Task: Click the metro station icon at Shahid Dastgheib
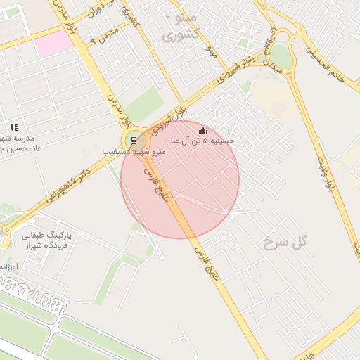[132, 139]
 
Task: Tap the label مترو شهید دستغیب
[134, 152]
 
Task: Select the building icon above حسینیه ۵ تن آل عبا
[203, 130]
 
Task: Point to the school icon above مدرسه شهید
[14, 127]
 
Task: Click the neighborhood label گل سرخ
[287, 243]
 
